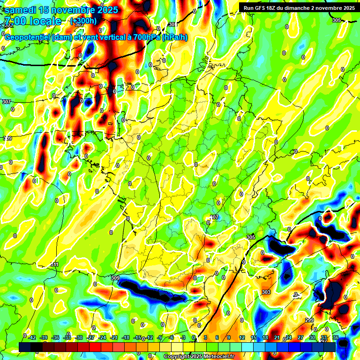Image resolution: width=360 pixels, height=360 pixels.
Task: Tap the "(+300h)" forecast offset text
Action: pos(83,21)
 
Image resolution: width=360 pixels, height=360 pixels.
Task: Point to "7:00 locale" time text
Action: pos(33,21)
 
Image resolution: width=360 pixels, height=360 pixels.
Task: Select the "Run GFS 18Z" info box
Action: pos(299,7)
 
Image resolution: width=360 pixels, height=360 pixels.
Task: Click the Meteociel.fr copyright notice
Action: pos(199,357)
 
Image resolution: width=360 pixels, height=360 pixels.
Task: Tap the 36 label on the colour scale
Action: pos(336,337)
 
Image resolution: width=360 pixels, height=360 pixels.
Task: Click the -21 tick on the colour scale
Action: pos(114,337)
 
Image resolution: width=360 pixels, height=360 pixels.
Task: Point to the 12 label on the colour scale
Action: pos(242,337)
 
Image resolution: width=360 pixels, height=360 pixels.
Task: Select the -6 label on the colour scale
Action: pos(172,337)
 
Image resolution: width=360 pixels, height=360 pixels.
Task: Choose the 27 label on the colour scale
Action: pos(300,337)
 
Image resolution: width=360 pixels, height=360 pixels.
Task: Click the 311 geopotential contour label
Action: pos(55,265)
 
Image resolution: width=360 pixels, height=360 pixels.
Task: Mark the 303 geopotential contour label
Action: pos(266,292)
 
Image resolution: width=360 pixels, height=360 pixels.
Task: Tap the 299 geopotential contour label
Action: pos(310,320)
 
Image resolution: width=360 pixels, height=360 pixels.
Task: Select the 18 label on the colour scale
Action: pos(265,337)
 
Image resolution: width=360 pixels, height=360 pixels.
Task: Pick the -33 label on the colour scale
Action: pos(67,337)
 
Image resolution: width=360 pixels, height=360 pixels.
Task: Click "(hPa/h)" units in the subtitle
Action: pos(174,37)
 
